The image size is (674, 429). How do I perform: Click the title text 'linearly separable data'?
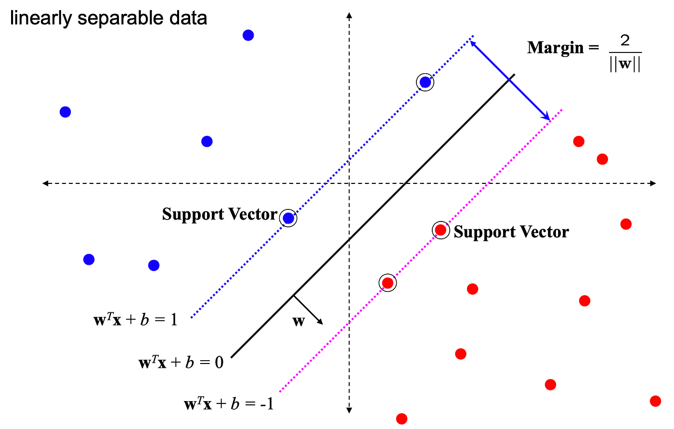click(108, 18)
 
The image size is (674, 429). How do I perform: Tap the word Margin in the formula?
click(556, 48)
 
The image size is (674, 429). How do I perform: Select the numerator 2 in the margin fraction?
click(625, 40)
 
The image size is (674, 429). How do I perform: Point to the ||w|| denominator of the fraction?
click(625, 65)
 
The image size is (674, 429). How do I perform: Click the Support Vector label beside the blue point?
click(220, 214)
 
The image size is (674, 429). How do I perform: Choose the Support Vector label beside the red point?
click(511, 232)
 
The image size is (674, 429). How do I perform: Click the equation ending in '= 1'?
click(135, 320)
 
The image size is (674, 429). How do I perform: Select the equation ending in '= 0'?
click(181, 362)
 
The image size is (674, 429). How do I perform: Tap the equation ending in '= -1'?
click(229, 403)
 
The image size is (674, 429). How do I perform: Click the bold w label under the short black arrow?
click(298, 322)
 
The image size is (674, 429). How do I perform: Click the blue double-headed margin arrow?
click(510, 80)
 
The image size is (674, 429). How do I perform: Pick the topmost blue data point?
click(248, 35)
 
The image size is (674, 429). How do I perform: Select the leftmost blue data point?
click(65, 112)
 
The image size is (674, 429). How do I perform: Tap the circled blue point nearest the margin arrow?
click(425, 82)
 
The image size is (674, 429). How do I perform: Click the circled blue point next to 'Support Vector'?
click(288, 218)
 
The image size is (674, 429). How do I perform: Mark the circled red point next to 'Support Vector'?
click(441, 230)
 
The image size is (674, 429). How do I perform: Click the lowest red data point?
click(402, 419)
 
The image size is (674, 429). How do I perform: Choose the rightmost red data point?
click(655, 401)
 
